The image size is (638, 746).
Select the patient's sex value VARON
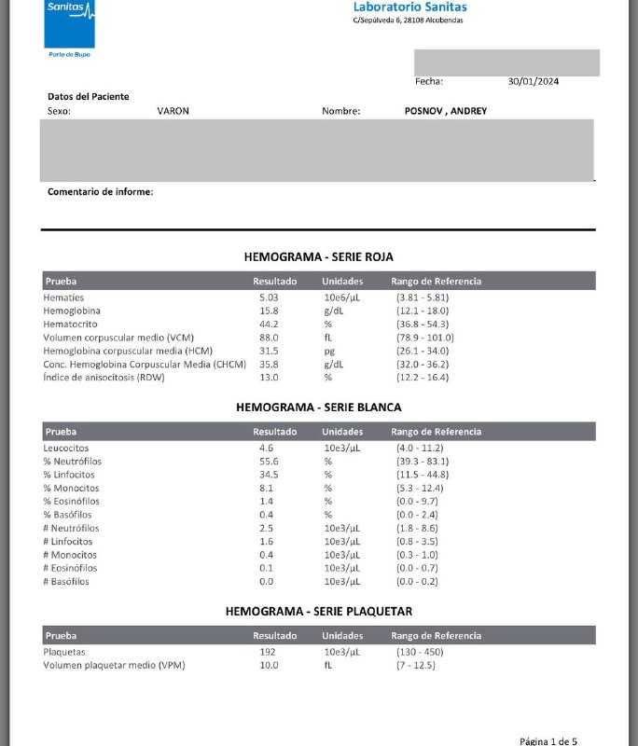point(173,111)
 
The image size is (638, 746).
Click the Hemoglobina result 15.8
point(269,311)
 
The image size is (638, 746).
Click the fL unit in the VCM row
point(328,338)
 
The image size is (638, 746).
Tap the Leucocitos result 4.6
point(266,449)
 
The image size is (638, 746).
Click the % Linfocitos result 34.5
point(269,475)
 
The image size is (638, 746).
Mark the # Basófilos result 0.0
point(266,581)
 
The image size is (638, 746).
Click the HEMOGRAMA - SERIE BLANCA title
point(319,408)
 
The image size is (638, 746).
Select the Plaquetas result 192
point(268,652)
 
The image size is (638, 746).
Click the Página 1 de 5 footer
point(548,740)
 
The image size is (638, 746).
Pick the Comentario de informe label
point(101,192)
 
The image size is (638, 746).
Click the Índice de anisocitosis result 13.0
point(269,377)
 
